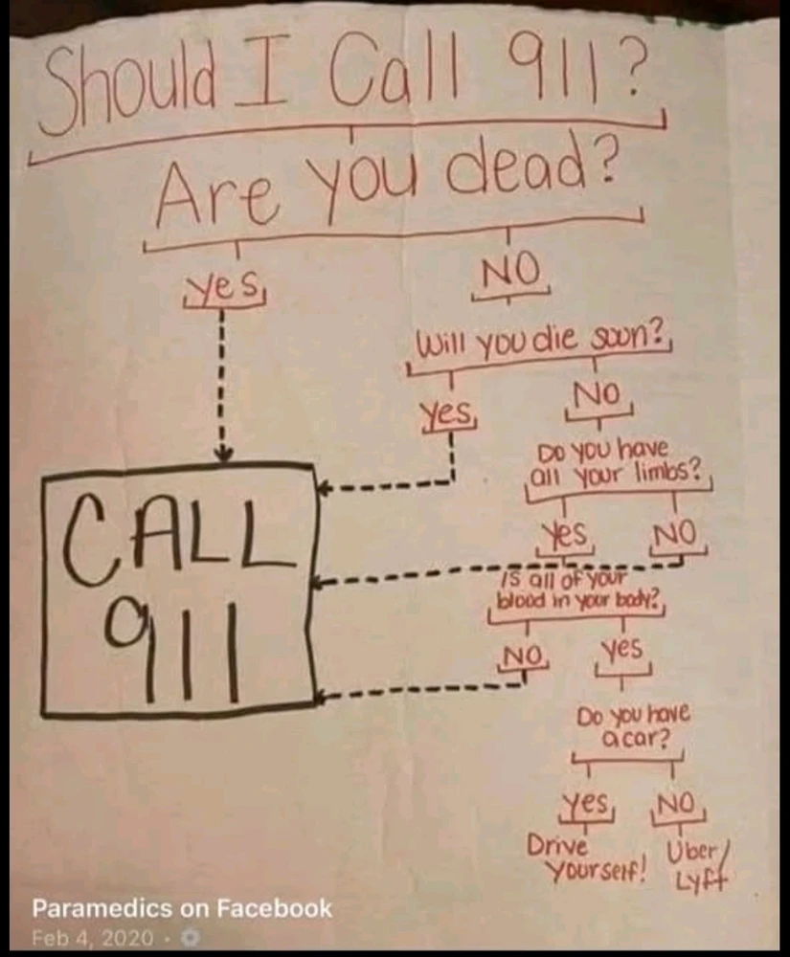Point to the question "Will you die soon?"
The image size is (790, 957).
(x=540, y=343)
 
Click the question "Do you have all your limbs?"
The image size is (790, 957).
(x=618, y=462)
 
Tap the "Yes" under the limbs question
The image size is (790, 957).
(x=567, y=534)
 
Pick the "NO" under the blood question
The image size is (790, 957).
(x=523, y=657)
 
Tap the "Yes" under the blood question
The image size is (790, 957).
(x=621, y=648)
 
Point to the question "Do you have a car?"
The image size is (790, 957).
(x=634, y=725)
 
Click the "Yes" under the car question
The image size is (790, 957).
(x=585, y=803)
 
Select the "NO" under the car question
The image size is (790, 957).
(x=676, y=804)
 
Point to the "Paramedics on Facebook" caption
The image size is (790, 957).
(x=182, y=908)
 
